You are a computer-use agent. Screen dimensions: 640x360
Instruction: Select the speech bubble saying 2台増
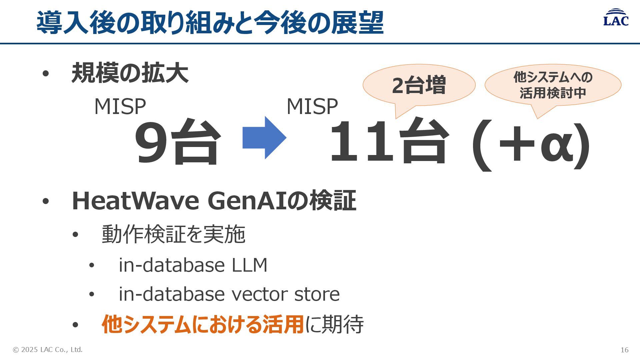click(x=419, y=85)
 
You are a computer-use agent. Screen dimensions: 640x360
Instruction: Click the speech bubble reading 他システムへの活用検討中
click(x=553, y=85)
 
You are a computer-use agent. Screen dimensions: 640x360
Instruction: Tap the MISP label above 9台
click(x=120, y=107)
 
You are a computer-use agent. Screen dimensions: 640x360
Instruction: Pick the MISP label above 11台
click(x=312, y=107)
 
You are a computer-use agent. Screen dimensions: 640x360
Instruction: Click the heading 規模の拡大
click(x=130, y=73)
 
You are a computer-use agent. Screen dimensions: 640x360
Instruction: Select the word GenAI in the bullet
click(x=247, y=201)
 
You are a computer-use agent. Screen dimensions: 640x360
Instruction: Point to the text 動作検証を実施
click(x=173, y=234)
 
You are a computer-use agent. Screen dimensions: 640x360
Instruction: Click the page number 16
click(x=624, y=350)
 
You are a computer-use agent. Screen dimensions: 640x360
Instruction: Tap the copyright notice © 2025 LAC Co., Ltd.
click(x=48, y=350)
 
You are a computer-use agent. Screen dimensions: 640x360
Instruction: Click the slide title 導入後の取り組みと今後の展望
click(x=210, y=23)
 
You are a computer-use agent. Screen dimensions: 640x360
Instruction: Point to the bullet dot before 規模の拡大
click(x=46, y=74)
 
